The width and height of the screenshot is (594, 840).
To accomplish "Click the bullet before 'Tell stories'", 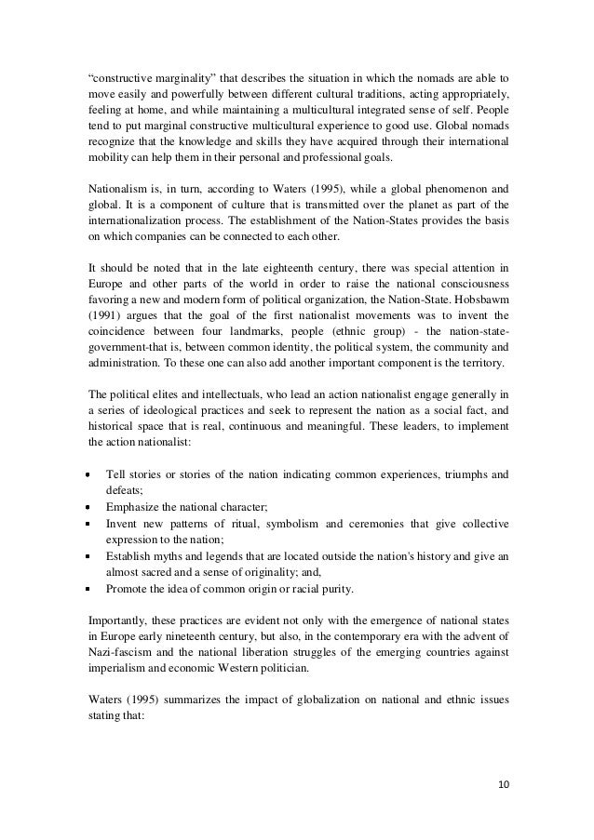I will (91, 473).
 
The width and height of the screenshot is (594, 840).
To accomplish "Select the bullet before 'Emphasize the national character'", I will (91, 509).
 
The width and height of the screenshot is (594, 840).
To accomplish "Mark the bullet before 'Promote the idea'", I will (91, 588).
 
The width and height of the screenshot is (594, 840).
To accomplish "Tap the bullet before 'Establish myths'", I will (91, 553).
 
